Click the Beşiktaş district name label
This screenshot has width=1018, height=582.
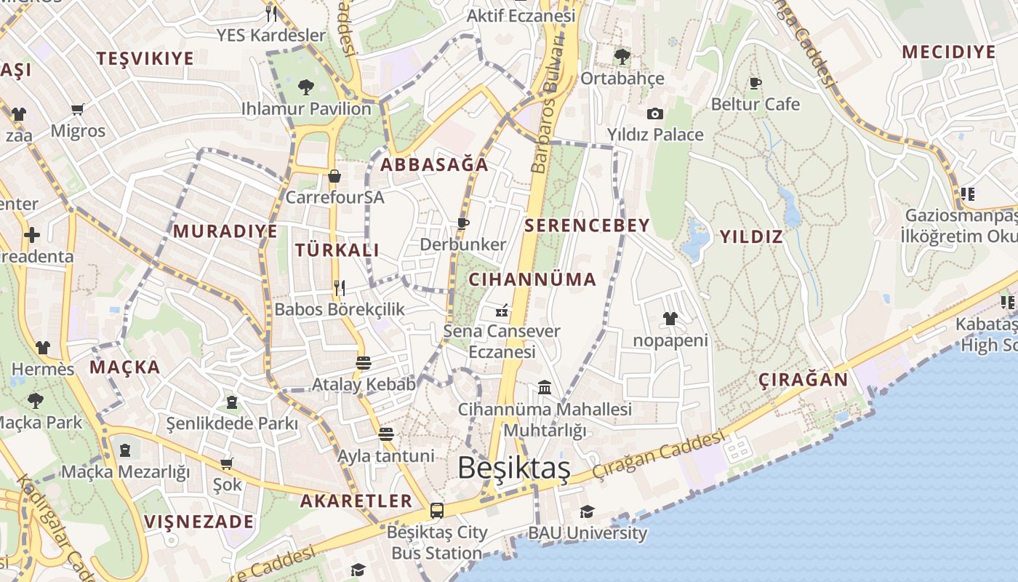pos(513,469)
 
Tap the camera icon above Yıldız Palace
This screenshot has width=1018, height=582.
pos(654,113)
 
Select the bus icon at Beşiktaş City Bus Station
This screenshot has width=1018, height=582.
pos(436,511)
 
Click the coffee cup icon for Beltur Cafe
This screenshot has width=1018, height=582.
pos(756,83)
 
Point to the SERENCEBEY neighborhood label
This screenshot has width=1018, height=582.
pos(587,226)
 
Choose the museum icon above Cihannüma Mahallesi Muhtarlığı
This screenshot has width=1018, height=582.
pos(545,387)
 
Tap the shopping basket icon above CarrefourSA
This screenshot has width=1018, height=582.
pos(334,176)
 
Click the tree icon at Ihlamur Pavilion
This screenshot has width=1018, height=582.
pos(306,87)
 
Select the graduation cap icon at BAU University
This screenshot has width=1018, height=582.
pos(587,511)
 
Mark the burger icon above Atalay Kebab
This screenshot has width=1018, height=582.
pos(364,362)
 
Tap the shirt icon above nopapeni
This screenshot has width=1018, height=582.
pos(670,319)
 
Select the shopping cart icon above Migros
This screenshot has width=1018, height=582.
pos(78,110)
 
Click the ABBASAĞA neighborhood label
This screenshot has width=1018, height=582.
pos(434,165)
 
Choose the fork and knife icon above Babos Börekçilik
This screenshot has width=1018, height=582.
pos(339,287)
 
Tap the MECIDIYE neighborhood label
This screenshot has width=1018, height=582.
pos(948,52)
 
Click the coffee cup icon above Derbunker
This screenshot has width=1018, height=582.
pos(462,223)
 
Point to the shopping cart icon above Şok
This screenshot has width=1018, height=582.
pos(226,463)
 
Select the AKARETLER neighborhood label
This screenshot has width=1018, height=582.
pos(356,501)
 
